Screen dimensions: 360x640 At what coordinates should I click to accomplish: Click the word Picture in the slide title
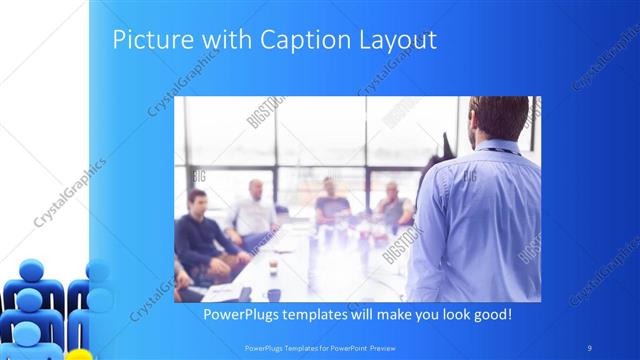[145, 40]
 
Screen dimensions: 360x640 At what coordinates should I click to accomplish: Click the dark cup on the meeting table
[273, 294]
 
